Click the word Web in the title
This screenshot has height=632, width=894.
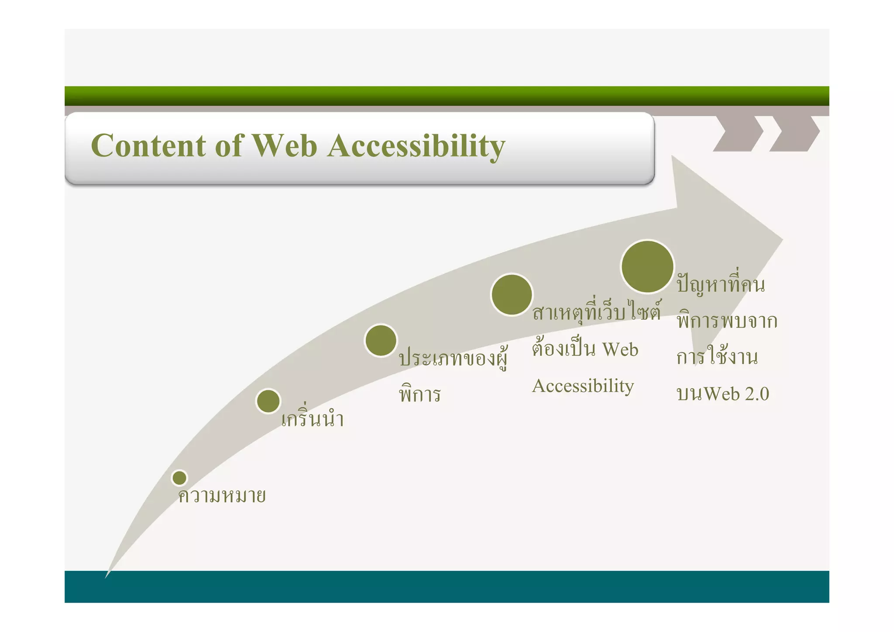(x=285, y=145)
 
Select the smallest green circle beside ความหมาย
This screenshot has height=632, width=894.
(x=179, y=478)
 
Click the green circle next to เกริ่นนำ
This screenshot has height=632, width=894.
(x=268, y=401)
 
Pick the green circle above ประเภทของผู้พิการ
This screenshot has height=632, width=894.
(x=381, y=340)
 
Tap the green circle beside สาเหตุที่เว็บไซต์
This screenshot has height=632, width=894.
(x=512, y=294)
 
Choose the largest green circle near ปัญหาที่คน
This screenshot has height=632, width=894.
(x=647, y=266)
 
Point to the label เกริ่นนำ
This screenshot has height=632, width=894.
(x=313, y=419)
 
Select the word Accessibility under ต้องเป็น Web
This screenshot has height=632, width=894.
(x=583, y=386)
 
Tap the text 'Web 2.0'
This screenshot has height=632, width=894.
(x=736, y=394)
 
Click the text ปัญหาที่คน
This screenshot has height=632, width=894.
(x=721, y=285)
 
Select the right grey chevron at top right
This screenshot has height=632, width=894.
(x=794, y=133)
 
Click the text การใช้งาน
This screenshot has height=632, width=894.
(x=717, y=357)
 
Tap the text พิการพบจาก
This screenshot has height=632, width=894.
(x=727, y=321)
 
